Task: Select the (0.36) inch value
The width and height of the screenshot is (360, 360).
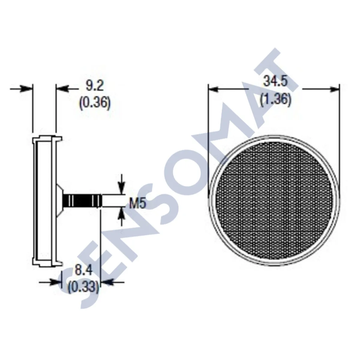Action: (x=95, y=103)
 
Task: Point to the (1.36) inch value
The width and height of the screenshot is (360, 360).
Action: (x=275, y=99)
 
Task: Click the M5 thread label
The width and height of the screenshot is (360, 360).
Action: (x=137, y=204)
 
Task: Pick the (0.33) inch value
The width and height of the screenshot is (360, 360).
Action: (x=83, y=287)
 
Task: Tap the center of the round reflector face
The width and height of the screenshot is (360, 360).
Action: (x=273, y=200)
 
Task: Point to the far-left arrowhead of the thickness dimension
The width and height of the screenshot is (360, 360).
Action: (x=26, y=89)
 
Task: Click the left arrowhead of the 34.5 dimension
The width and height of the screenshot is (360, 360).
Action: (x=214, y=89)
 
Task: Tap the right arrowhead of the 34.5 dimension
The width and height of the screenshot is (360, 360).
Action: (x=334, y=89)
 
